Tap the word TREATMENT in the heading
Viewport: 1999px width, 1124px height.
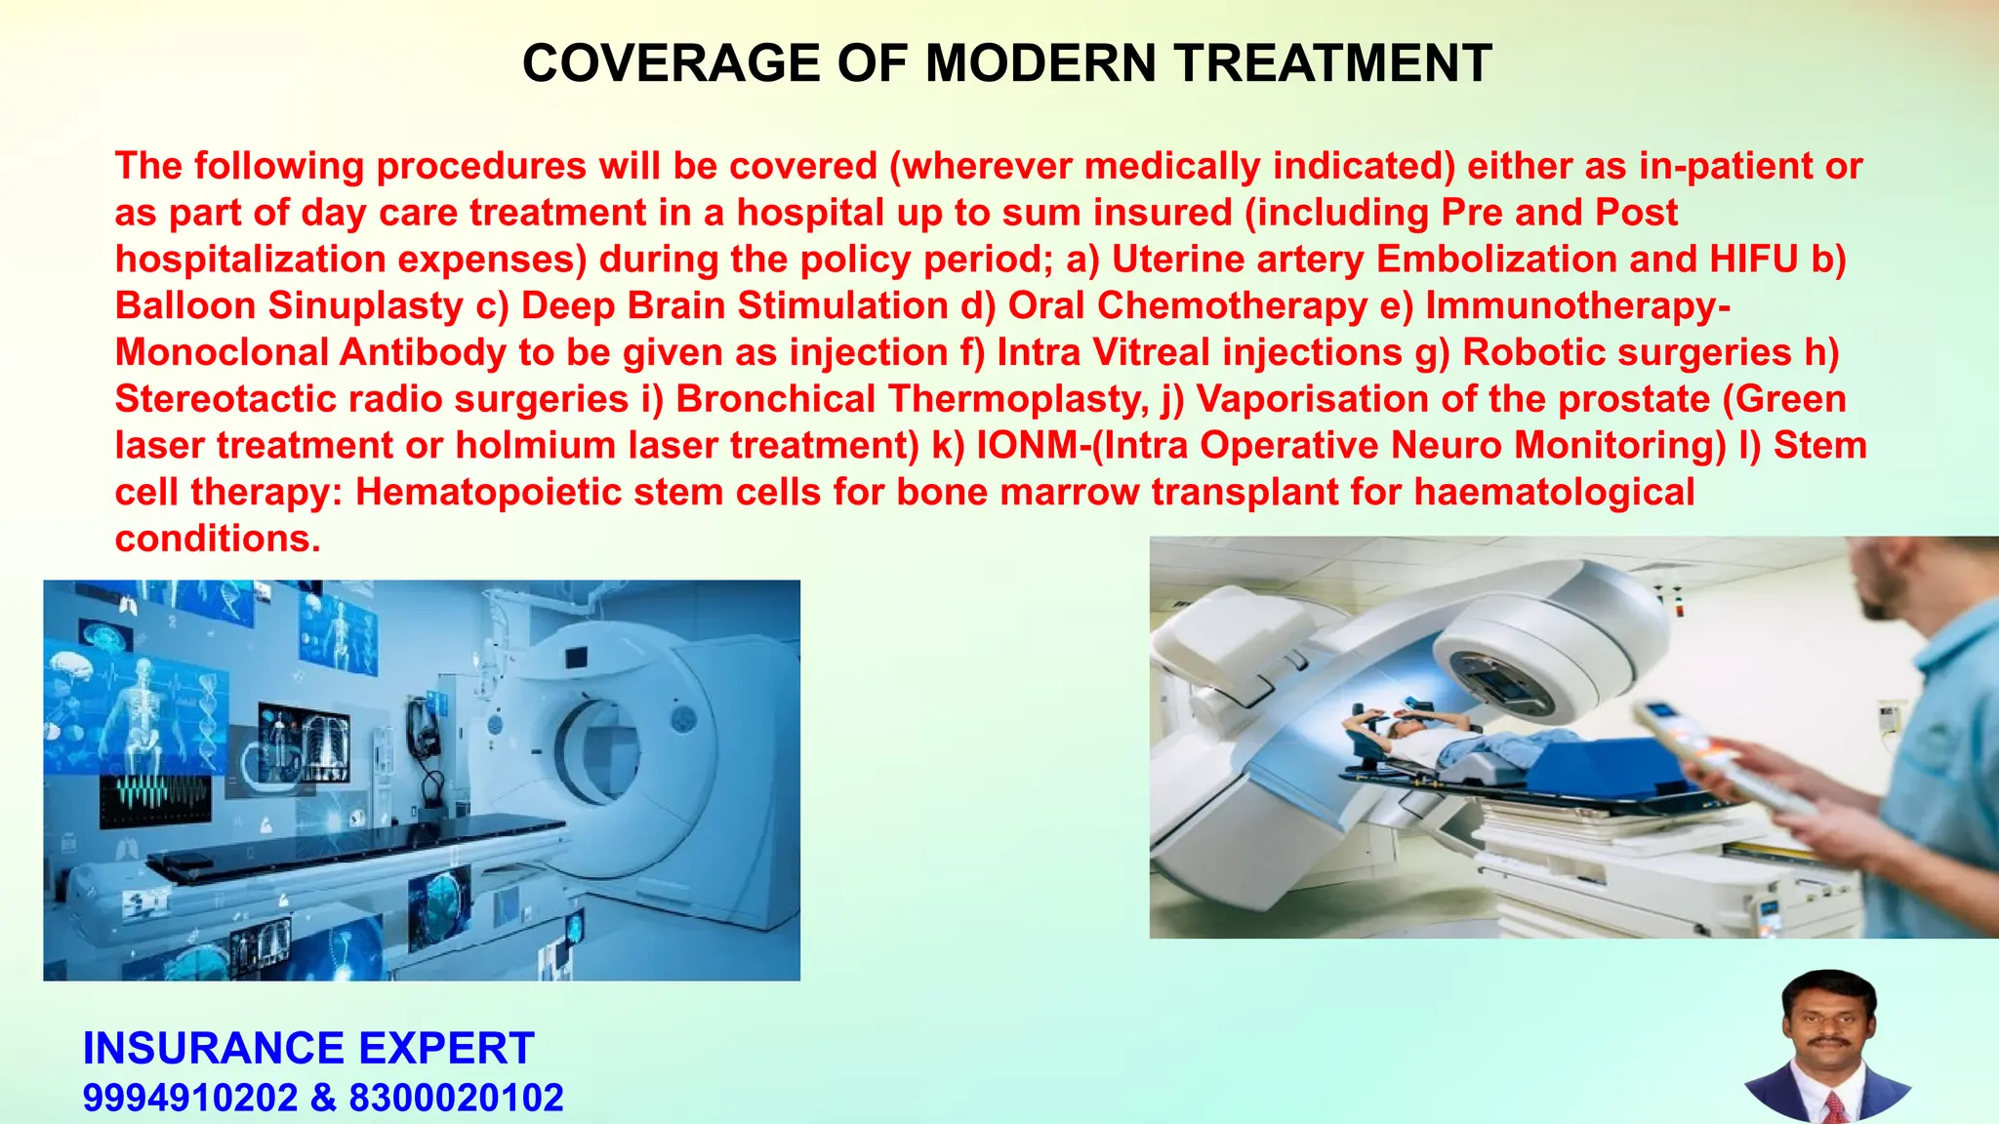[x=1333, y=64]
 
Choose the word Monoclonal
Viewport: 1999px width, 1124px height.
[x=221, y=352]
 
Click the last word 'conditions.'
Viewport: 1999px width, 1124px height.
[x=218, y=539]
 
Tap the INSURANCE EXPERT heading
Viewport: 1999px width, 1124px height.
[x=308, y=1049]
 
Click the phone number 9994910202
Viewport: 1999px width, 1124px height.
[x=190, y=1099]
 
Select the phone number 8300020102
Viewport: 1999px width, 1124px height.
[x=456, y=1099]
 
